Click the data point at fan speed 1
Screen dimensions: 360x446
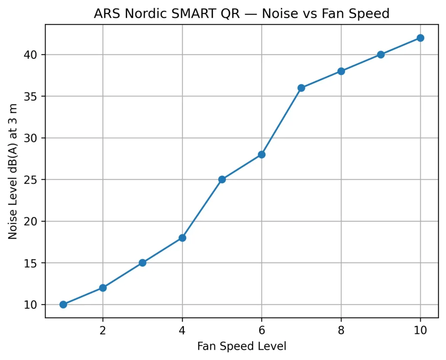click(63, 304)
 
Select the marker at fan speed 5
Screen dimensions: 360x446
click(222, 180)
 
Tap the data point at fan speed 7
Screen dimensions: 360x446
click(301, 88)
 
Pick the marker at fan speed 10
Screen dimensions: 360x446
click(420, 38)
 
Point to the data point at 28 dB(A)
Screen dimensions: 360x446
click(261, 154)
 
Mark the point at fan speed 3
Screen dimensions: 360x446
click(142, 263)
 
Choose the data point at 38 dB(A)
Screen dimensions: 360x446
click(341, 71)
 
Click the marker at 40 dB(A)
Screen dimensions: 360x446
click(381, 54)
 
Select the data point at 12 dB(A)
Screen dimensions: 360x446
click(103, 288)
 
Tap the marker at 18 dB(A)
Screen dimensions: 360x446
click(182, 238)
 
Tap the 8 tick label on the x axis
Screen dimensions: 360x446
click(341, 330)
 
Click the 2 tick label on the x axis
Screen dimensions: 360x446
click(103, 330)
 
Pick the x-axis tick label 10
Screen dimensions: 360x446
click(420, 330)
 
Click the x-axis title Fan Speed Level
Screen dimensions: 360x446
click(242, 346)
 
